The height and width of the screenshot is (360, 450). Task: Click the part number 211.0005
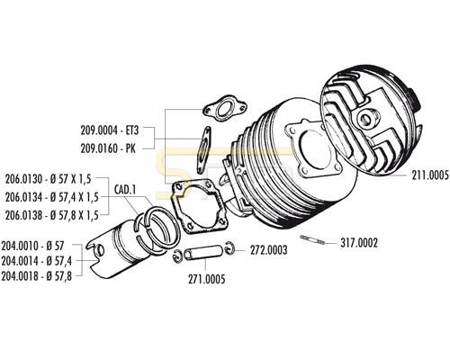(430, 175)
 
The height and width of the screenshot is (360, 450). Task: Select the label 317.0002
(359, 243)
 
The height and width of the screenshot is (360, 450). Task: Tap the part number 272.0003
(269, 250)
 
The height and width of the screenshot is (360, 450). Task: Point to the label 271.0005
(206, 279)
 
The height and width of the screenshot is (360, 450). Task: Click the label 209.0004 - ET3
(110, 130)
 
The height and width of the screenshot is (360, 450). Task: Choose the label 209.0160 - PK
(108, 148)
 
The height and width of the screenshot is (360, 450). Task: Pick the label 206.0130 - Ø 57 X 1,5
(48, 179)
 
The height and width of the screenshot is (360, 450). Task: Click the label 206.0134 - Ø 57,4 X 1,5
(52, 197)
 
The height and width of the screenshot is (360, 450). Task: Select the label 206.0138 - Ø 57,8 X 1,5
(52, 215)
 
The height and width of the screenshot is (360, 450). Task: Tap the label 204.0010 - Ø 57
(32, 246)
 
